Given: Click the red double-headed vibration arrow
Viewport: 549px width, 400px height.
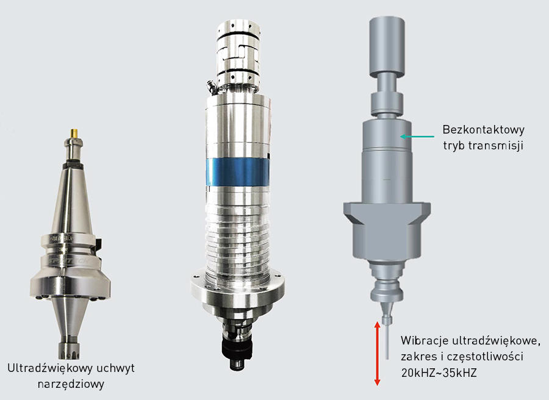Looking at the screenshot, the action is pos(377,354).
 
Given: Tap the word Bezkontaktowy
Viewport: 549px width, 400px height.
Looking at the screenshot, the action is pos(484,130).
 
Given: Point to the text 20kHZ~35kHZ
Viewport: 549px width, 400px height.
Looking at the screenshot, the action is pos(439,373).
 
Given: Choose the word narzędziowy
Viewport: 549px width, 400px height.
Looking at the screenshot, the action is pos(71,384).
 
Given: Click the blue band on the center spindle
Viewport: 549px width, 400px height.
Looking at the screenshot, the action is pos(238,171).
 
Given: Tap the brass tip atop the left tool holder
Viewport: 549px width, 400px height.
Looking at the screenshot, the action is pos(74,133).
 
